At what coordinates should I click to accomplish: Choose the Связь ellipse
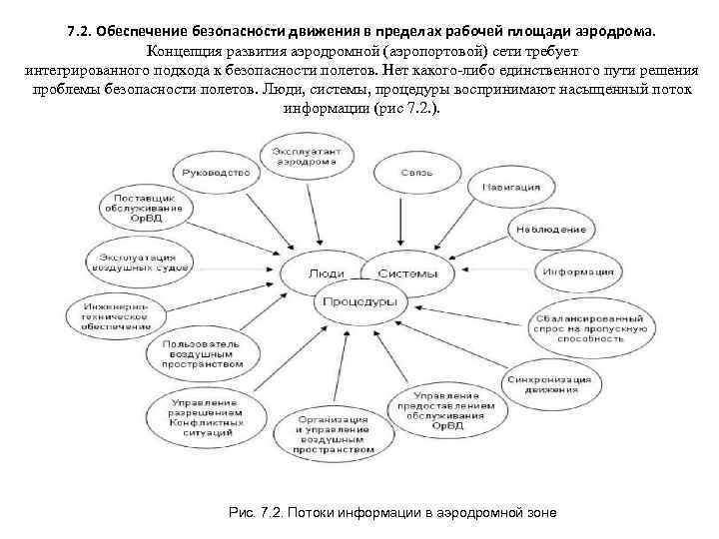[418, 173]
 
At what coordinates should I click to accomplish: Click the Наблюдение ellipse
[551, 229]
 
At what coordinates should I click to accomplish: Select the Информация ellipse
[578, 270]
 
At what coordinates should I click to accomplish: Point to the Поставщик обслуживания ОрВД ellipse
[145, 207]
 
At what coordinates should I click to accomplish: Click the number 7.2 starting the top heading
[77, 31]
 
